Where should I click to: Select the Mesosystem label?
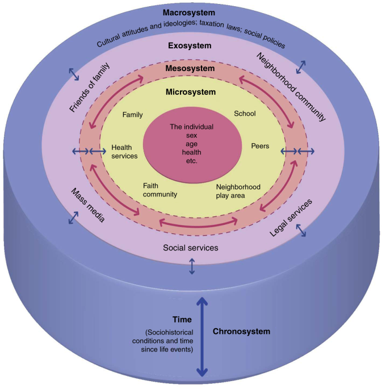tap(191, 68)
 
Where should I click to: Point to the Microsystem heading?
tap(191, 91)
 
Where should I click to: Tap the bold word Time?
tap(182, 320)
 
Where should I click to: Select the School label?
tap(245, 114)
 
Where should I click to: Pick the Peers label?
tap(260, 146)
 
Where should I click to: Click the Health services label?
tap(124, 150)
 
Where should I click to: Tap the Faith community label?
tap(160, 190)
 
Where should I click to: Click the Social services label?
tap(191, 248)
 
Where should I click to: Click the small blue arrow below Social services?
tap(192, 266)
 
